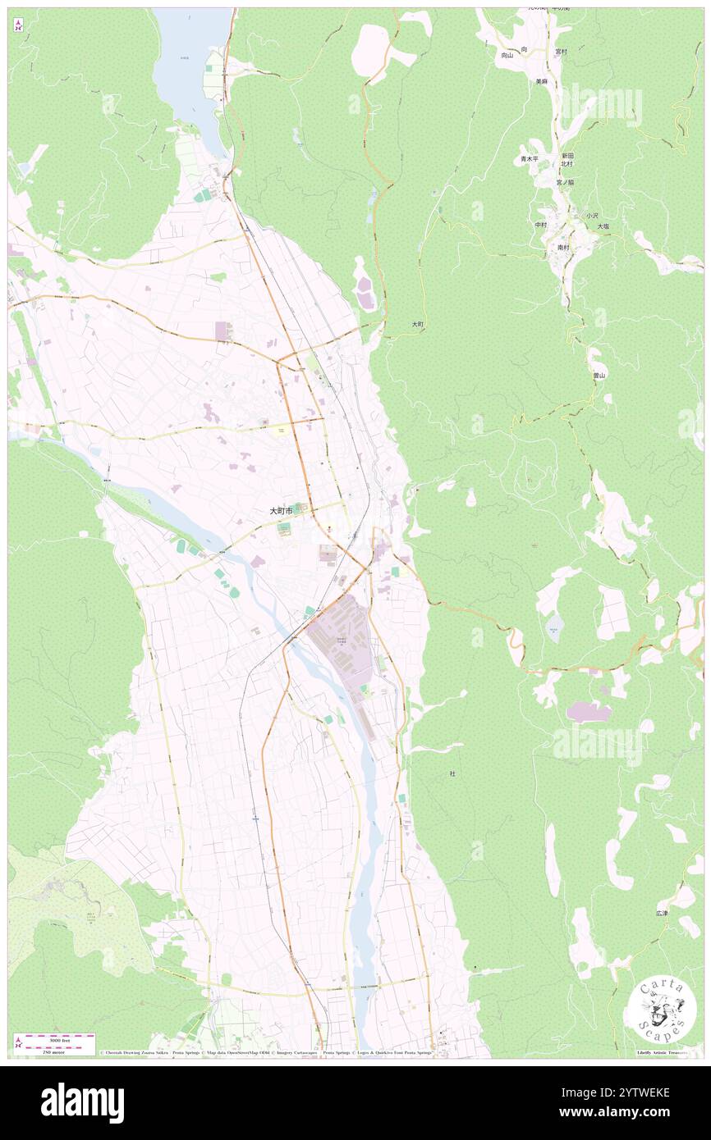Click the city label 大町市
281,510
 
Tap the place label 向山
507,56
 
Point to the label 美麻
541,81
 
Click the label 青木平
529,159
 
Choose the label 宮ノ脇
565,182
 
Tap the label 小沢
592,215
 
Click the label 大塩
603,226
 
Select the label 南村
563,247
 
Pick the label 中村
540,225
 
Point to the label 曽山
599,375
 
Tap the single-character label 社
452,773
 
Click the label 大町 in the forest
418,325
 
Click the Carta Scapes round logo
662,1010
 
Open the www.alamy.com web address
623,1112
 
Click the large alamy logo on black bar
82,1102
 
